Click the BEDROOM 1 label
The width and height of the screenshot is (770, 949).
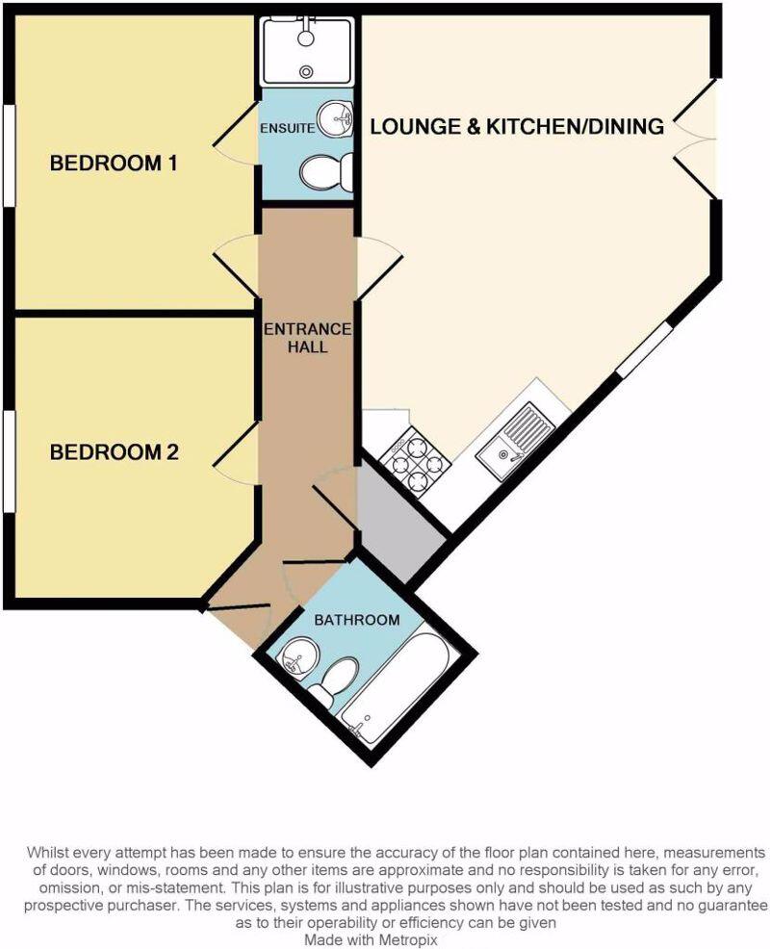click(114, 164)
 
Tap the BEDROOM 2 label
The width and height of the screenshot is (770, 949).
click(115, 451)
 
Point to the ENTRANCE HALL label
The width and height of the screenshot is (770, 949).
click(308, 338)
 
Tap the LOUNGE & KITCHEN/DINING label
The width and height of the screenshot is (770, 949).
click(517, 126)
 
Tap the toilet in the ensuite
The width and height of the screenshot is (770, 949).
click(325, 174)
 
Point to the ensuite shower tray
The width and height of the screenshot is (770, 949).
click(307, 51)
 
